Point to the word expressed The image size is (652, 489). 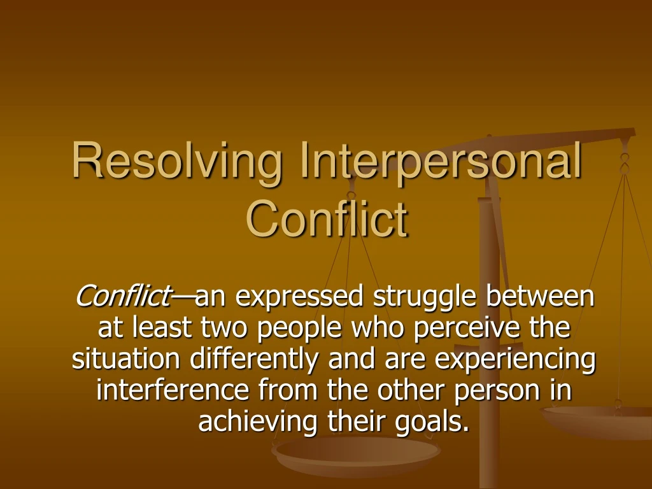coord(300,296)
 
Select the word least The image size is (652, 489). coord(162,328)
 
